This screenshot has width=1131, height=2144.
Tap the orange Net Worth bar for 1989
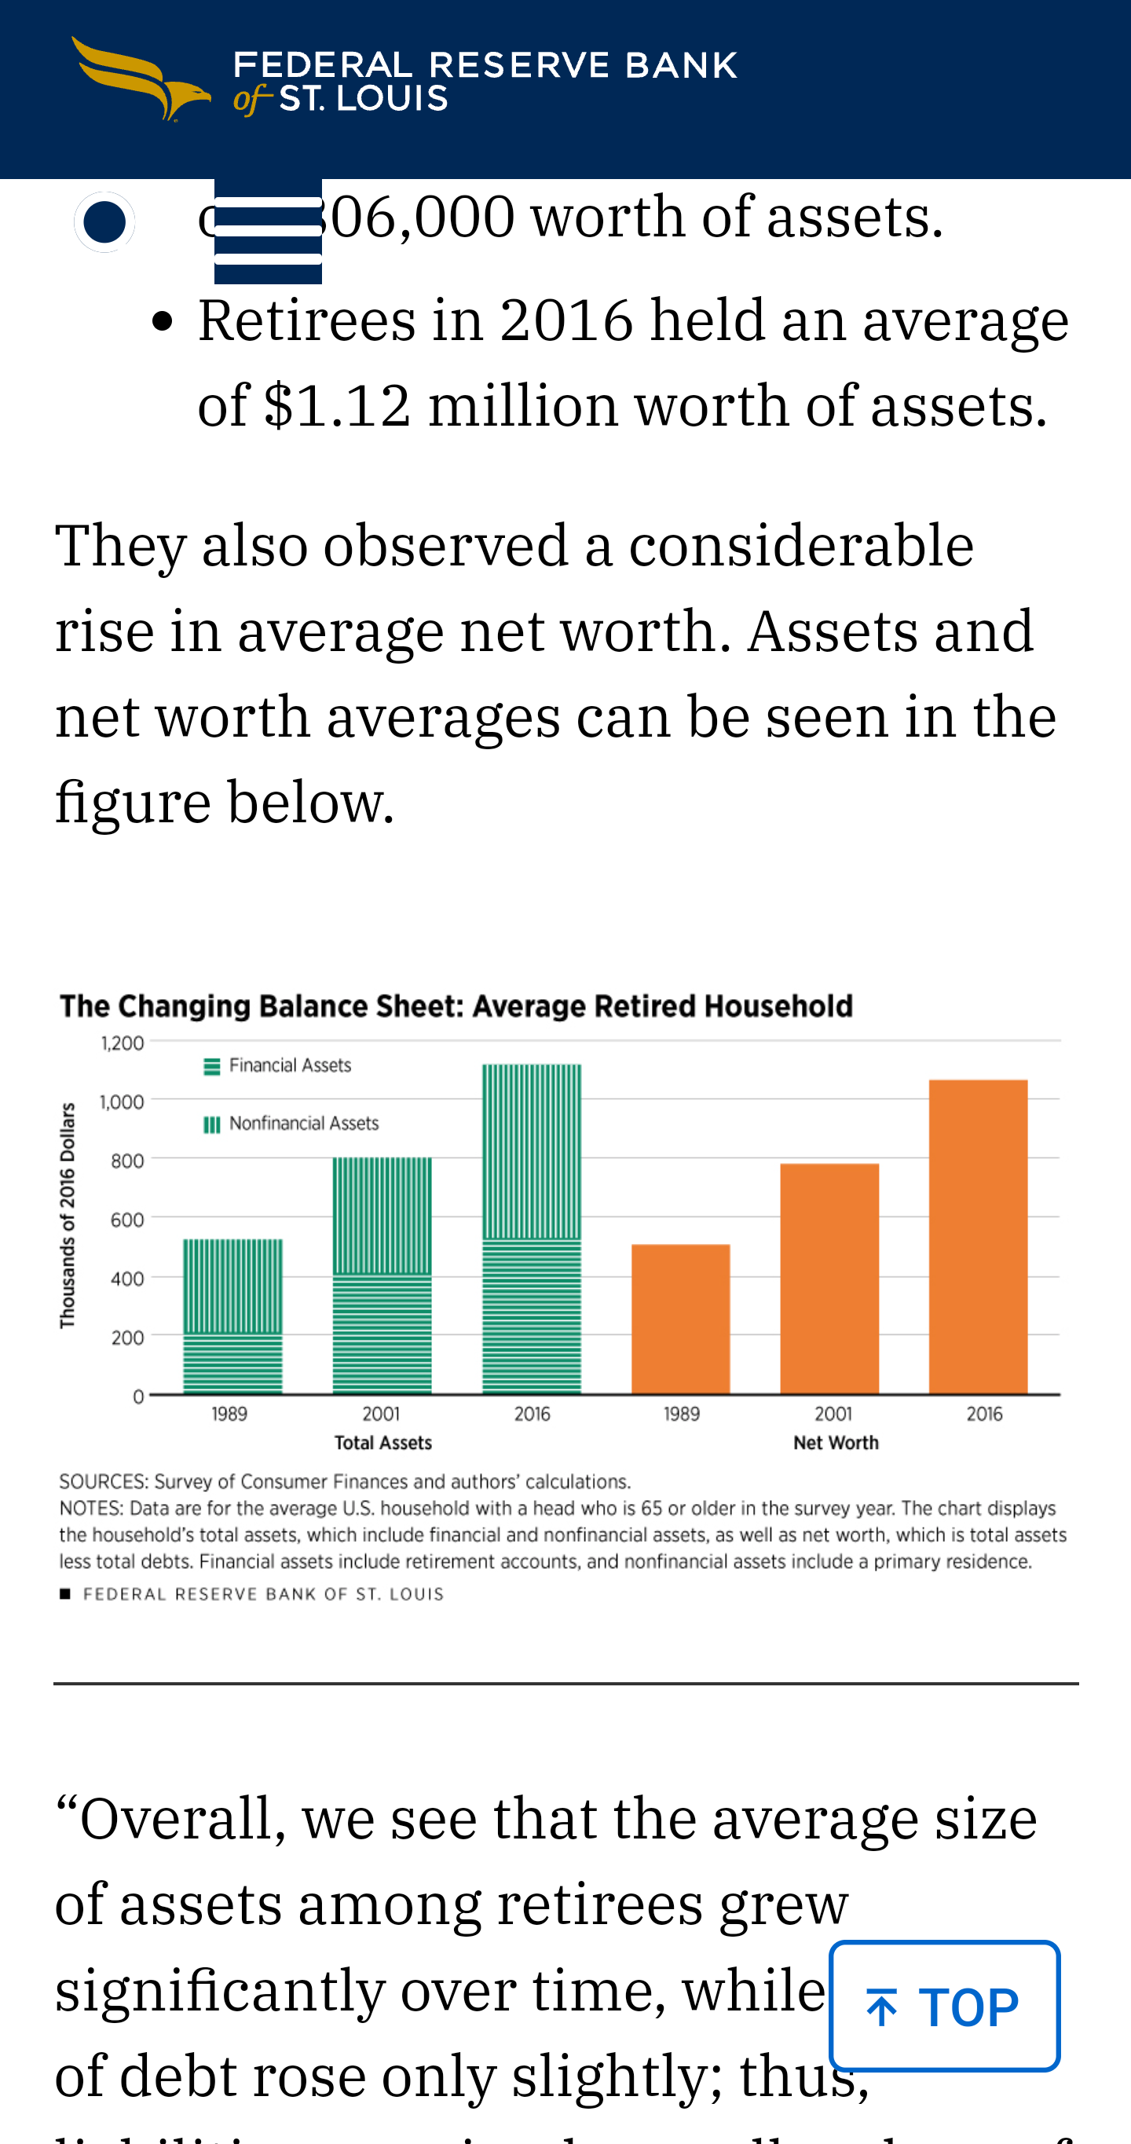680,1319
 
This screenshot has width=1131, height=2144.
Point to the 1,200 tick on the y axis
123,1043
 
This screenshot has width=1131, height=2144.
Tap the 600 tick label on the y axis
127,1220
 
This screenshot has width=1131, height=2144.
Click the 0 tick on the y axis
138,1396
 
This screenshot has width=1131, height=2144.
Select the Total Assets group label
382,1443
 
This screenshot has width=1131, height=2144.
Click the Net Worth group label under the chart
836,1443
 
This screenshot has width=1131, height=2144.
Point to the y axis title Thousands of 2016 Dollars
68,1215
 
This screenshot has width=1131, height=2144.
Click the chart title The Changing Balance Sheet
456,1006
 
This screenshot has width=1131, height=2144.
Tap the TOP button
944,2006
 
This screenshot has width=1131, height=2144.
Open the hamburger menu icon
268,232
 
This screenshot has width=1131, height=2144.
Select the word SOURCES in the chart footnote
102,1481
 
